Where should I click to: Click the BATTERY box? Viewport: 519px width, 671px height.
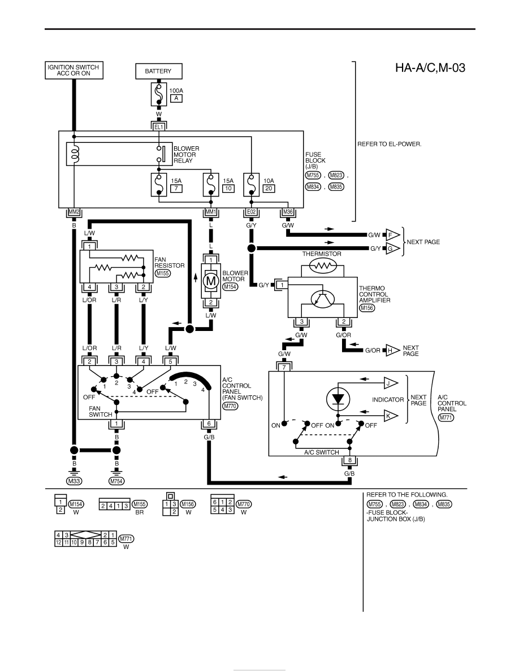158,71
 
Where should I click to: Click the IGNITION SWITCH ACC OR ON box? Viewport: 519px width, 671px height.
73,70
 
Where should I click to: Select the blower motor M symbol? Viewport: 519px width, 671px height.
210,281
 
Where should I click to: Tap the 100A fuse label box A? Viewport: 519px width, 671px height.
176,98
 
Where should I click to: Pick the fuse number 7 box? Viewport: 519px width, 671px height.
176,189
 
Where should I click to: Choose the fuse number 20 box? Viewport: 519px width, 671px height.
269,189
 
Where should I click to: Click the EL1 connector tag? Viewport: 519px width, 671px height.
158,127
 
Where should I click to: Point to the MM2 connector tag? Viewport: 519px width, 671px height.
74,212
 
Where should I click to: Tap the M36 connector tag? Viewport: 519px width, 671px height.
288,212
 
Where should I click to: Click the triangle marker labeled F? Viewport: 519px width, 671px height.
392,235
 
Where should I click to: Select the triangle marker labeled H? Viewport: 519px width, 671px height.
392,351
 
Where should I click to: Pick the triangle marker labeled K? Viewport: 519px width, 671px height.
390,416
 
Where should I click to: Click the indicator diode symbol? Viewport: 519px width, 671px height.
338,399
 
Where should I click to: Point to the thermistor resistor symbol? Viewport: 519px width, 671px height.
323,266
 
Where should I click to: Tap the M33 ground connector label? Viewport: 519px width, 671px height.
74,481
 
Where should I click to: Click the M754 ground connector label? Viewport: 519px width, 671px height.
116,481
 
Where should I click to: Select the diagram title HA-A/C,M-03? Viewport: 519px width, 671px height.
430,68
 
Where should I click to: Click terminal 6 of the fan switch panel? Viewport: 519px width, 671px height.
209,424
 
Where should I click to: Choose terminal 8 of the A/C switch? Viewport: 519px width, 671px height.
349,460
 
